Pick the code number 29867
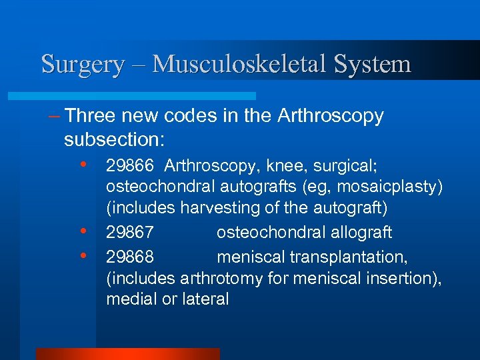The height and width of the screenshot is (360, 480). (130, 233)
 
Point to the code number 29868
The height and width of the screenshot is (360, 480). (130, 256)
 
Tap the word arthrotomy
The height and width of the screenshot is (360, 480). (225, 278)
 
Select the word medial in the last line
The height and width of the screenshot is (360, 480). (131, 300)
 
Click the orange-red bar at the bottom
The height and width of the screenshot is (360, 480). (127, 353)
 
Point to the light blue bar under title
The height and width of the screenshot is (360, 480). (147, 95)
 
